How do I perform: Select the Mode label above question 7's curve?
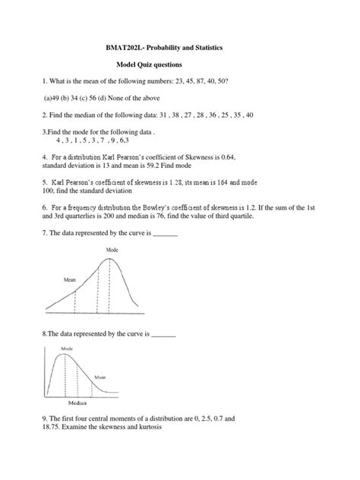[112, 248]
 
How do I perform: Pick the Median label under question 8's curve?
[77, 403]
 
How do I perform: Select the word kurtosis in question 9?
[162, 427]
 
